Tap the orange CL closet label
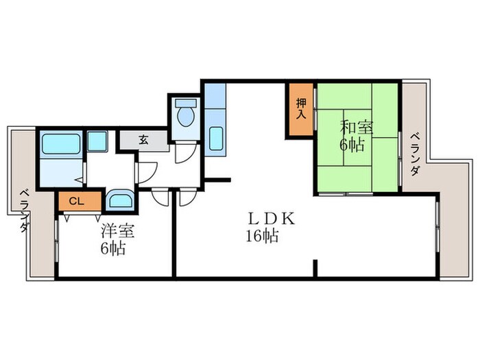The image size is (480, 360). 77,201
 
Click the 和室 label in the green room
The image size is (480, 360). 357,127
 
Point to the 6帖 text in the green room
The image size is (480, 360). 354,144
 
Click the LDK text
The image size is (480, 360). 271,219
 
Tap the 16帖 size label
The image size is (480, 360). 263,237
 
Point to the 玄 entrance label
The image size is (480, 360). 144,139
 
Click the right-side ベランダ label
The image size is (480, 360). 416,155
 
